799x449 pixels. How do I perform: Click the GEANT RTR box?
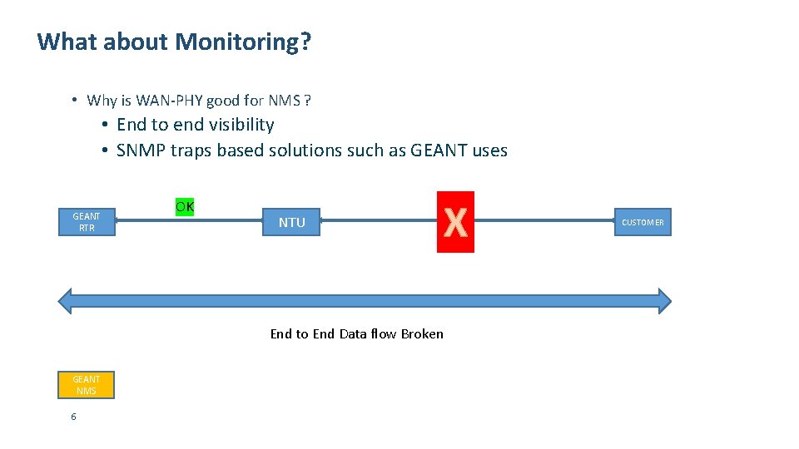[87, 222]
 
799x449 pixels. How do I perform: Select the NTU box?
[291, 222]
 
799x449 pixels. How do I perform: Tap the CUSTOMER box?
[643, 222]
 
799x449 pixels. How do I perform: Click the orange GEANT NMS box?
[86, 385]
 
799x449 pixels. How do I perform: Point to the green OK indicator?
[185, 206]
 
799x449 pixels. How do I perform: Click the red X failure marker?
[455, 222]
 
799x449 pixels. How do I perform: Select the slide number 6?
[73, 417]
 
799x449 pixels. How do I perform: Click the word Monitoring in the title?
[242, 42]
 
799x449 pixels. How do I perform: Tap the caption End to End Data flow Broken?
[356, 334]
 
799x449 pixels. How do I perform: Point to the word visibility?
[241, 125]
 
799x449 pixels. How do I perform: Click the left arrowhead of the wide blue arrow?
[64, 301]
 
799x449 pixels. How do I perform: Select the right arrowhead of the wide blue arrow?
[663, 301]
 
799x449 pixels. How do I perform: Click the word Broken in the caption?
[422, 334]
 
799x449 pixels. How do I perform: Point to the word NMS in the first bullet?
[284, 101]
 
